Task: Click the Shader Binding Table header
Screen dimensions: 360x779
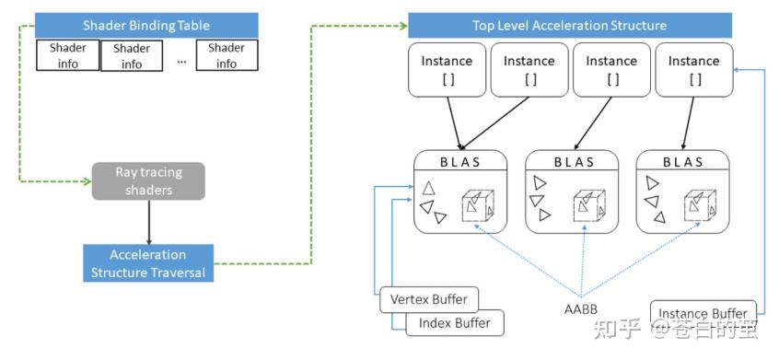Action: (x=147, y=25)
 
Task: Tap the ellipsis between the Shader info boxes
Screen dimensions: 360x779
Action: (x=180, y=58)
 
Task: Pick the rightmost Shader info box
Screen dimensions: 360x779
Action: (x=226, y=56)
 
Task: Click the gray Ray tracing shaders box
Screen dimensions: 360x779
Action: (x=147, y=181)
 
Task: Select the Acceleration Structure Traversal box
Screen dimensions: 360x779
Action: (x=147, y=263)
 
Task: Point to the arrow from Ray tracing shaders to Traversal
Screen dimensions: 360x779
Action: (x=147, y=222)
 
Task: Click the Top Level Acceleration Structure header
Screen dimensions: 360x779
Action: (x=569, y=26)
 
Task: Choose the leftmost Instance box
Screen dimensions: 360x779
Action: (x=447, y=70)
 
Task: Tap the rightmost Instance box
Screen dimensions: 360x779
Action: (x=693, y=70)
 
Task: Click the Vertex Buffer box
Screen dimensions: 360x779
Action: (x=429, y=299)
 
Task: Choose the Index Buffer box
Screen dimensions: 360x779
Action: (x=453, y=322)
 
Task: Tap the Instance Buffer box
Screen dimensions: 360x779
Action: (x=703, y=313)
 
